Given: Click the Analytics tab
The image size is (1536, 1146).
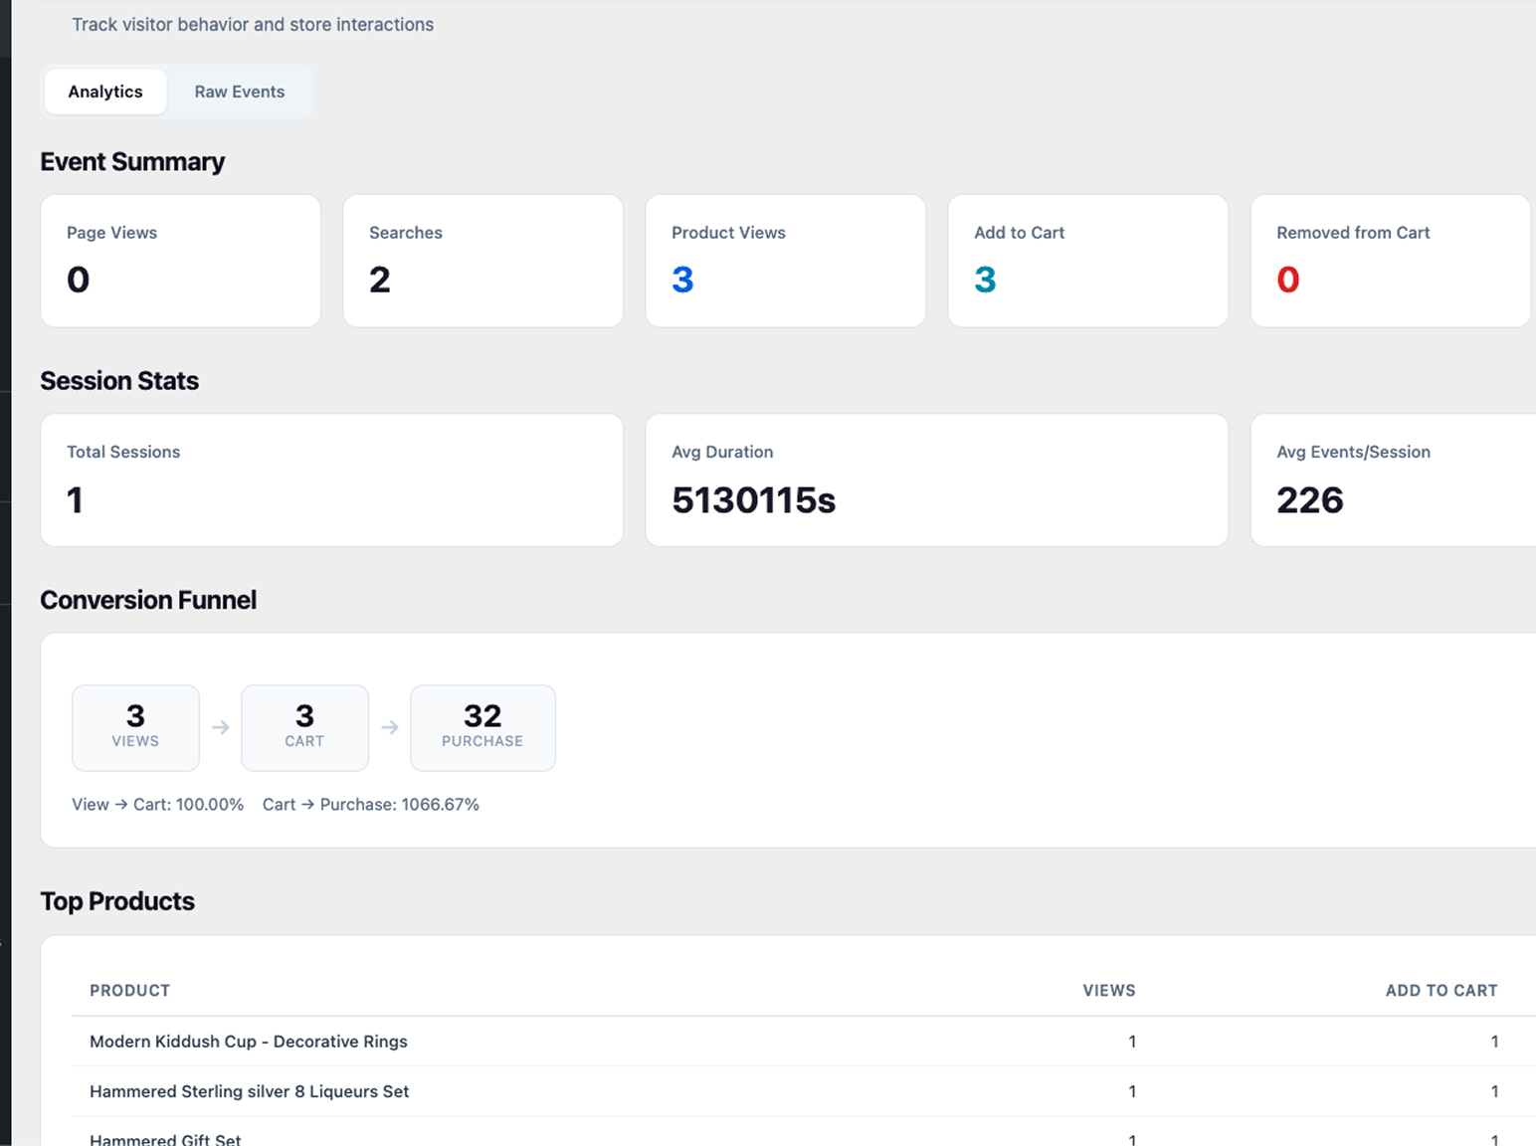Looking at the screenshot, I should pyautogui.click(x=105, y=92).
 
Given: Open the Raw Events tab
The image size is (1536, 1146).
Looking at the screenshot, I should pyautogui.click(x=239, y=92).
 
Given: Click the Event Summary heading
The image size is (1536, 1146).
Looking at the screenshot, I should pyautogui.click(x=132, y=162).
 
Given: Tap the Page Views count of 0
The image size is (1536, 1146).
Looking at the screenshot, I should pyautogui.click(x=78, y=281).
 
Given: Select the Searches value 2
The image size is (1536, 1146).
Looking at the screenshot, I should pyautogui.click(x=380, y=281).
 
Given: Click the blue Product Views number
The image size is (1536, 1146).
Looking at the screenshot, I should pyautogui.click(x=682, y=281).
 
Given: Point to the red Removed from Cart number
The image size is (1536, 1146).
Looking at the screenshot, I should pyautogui.click(x=1288, y=281).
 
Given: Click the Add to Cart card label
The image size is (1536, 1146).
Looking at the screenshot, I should pyautogui.click(x=1019, y=233).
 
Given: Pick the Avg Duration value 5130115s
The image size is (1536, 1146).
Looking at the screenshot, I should pyautogui.click(x=753, y=500).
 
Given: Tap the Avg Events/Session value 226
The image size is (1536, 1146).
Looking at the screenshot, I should pyautogui.click(x=1309, y=500).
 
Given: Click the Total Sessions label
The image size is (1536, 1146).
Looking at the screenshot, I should pyautogui.click(x=123, y=452).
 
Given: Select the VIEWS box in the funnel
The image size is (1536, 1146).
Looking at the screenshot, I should pyautogui.click(x=135, y=727).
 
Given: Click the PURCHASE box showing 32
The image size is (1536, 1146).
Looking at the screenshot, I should pyautogui.click(x=482, y=727).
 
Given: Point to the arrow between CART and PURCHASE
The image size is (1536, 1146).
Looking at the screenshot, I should pyautogui.click(x=390, y=728).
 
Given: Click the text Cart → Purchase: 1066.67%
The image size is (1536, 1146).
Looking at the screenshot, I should pyautogui.click(x=371, y=805).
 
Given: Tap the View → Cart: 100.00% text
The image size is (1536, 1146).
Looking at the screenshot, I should pyautogui.click(x=157, y=805).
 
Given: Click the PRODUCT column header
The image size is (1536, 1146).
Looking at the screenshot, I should pyautogui.click(x=130, y=991).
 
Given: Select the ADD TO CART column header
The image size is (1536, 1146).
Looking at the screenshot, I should pyautogui.click(x=1440, y=991).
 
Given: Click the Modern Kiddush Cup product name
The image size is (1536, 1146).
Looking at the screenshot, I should pyautogui.click(x=249, y=1042).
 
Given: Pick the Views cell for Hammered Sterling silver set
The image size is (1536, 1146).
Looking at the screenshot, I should pyautogui.click(x=1132, y=1091).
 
